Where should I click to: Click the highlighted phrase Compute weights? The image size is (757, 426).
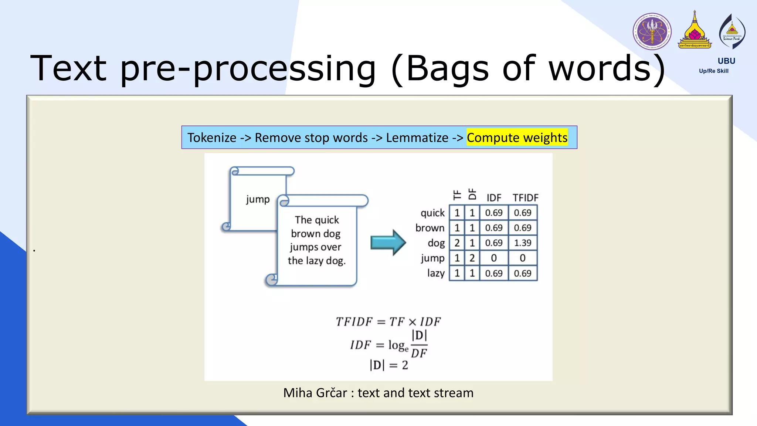coord(517,138)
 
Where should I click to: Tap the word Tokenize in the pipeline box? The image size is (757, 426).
coord(212,138)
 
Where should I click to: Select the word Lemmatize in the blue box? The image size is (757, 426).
coord(417,138)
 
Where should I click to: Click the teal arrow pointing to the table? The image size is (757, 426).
coord(388,243)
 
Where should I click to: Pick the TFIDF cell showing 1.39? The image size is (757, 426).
coord(522,243)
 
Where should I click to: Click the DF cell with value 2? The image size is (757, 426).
coord(472,258)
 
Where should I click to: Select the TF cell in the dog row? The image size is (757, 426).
coord(457,243)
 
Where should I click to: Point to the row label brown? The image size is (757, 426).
coord(430,228)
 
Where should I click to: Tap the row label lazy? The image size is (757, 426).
coord(436,273)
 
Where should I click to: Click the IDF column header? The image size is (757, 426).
coord(494,198)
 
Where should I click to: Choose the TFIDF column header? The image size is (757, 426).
coord(525,198)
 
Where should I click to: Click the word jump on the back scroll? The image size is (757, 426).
coord(258,200)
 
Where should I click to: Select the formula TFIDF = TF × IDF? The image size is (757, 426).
coord(388,322)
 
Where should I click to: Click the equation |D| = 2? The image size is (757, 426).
coord(388,365)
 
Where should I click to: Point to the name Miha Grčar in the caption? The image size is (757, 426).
coord(315,393)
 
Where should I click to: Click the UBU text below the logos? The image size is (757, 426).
coord(726,61)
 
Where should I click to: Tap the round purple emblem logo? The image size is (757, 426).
coord(652,31)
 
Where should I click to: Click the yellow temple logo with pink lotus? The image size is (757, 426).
coord(695,31)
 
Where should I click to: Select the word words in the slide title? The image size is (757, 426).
coord(599,68)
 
